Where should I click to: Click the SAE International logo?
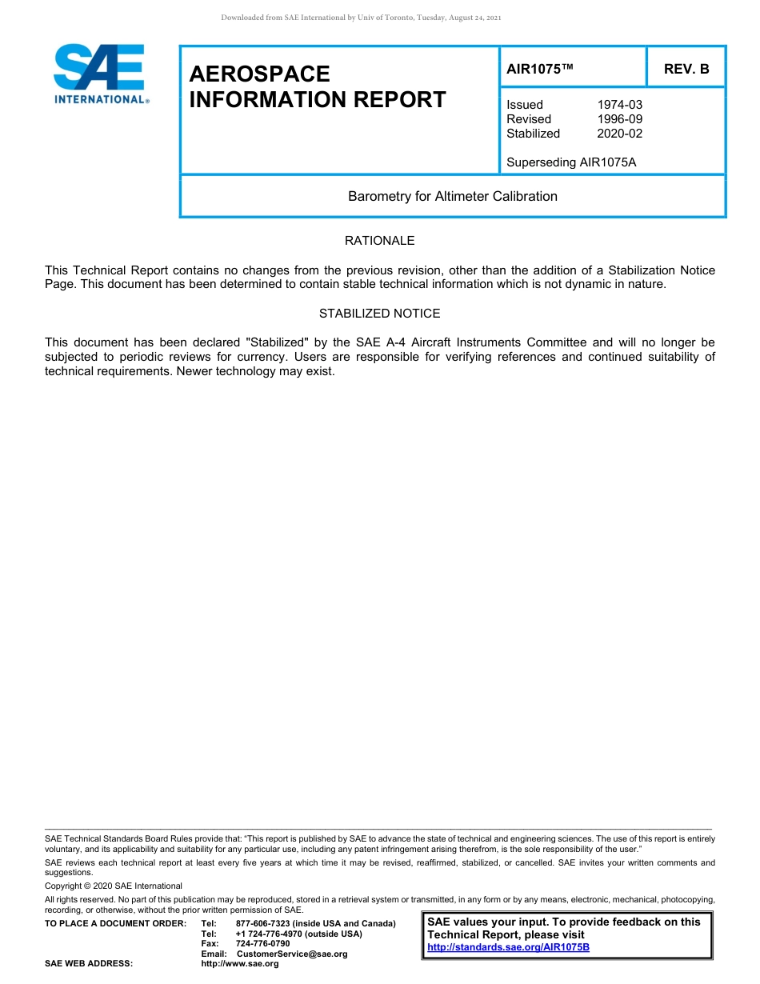pos(100,74)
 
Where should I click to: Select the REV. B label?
pos(686,69)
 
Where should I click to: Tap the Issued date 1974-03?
pos(619,105)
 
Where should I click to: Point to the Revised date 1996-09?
pos(619,119)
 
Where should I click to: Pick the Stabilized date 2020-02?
pos(619,134)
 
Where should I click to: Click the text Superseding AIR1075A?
pos(571,162)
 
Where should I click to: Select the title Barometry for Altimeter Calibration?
pos(453,196)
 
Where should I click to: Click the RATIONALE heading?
pos(379,241)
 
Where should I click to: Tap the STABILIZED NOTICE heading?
pos(379,314)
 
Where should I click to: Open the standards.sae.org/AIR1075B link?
pos(508,947)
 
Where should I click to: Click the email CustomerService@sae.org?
pos(292,954)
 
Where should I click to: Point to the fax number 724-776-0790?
pos(263,944)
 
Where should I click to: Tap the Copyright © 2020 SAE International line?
pos(114,886)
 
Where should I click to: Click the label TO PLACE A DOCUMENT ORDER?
pos(115,924)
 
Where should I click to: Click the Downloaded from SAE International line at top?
pos(361,18)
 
